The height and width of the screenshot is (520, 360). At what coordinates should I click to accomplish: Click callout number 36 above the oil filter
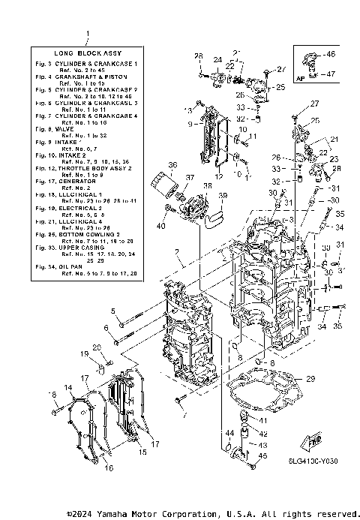coord(172,166)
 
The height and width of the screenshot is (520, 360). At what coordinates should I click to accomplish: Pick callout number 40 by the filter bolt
coord(160,226)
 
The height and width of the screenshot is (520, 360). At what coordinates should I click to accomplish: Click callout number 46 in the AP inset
coord(331,55)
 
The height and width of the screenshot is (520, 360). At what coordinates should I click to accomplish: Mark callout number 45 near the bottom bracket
coord(263,455)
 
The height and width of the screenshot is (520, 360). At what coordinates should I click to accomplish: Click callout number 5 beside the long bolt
coord(114,311)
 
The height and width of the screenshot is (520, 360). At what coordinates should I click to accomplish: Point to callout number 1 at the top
coord(88,35)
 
